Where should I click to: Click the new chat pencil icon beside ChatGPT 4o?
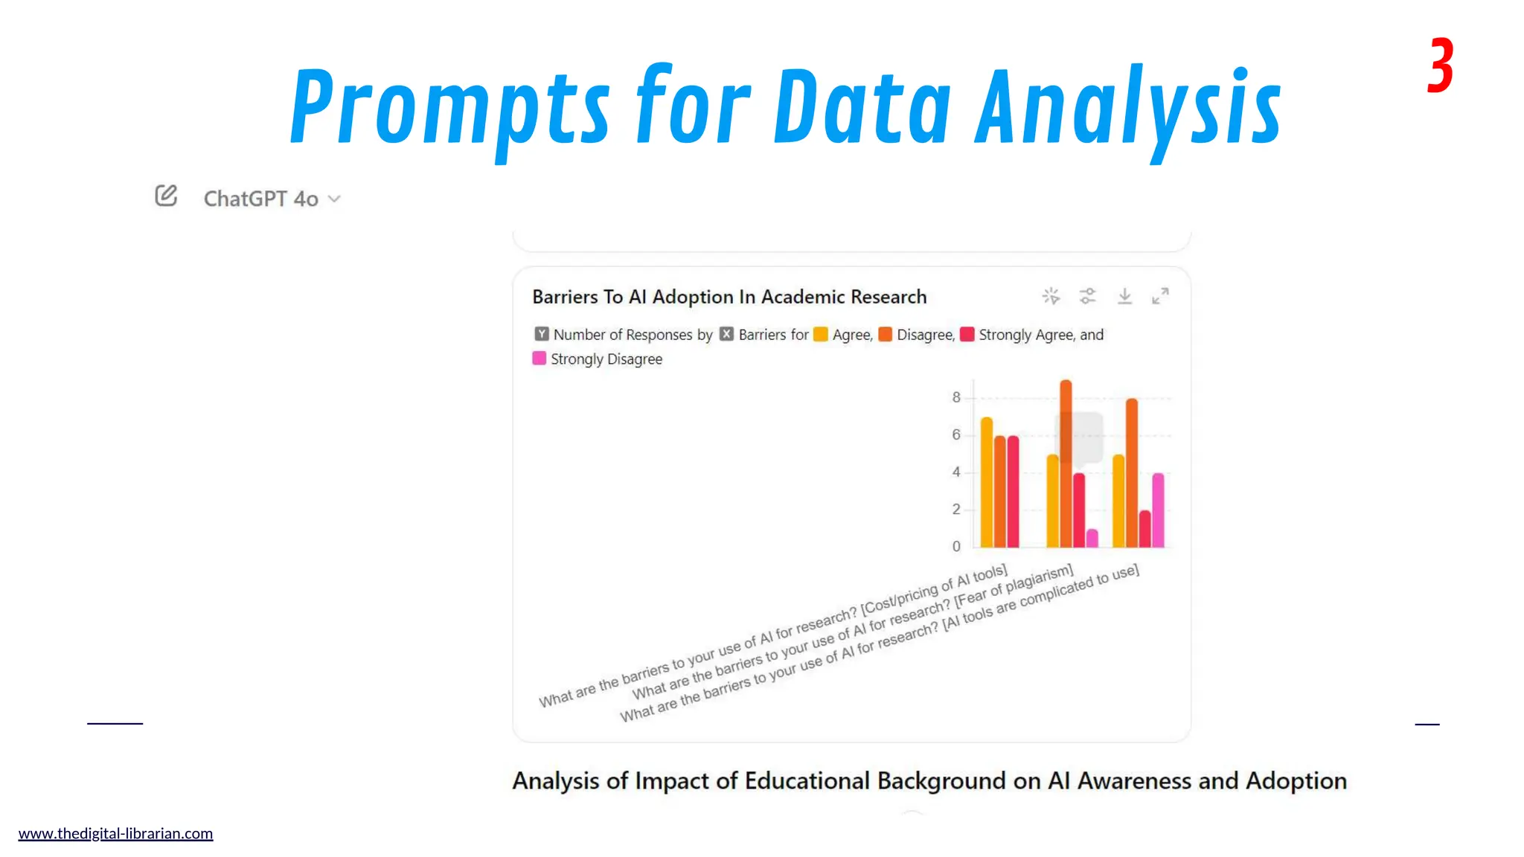[x=166, y=196]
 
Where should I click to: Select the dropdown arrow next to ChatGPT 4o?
[x=335, y=199]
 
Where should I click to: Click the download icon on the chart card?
[x=1124, y=296]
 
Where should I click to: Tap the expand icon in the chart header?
[x=1160, y=296]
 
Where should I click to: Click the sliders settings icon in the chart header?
[x=1088, y=296]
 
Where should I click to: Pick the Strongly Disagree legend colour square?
[x=540, y=359]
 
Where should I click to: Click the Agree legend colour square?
[x=821, y=335]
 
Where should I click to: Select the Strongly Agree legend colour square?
[x=967, y=335]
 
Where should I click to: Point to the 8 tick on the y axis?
[x=956, y=397]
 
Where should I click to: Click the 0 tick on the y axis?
[x=956, y=546]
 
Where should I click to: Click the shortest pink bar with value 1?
[x=1092, y=538]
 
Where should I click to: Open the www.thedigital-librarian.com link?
[x=115, y=833]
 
